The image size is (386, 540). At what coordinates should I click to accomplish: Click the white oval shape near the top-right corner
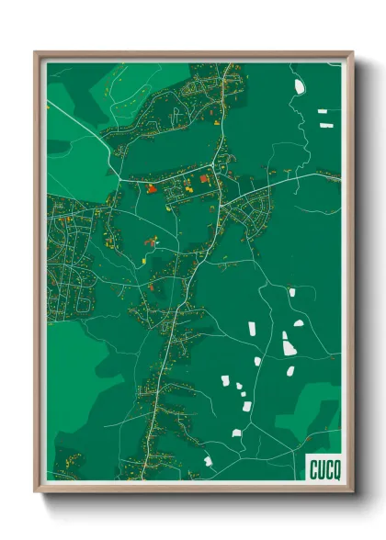point(299,87)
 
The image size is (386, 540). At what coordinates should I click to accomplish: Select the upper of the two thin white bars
point(323,111)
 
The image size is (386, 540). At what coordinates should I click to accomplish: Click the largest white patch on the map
point(289,347)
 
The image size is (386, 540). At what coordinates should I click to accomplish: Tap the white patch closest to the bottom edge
point(208,460)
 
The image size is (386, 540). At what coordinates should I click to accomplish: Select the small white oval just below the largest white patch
point(290,371)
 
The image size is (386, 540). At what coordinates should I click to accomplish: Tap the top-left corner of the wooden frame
point(36,53)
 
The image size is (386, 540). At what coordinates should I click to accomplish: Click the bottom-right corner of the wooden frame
point(351,490)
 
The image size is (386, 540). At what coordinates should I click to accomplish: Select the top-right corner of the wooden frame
point(351,53)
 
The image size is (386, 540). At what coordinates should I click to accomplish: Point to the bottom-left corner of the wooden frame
point(36,490)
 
